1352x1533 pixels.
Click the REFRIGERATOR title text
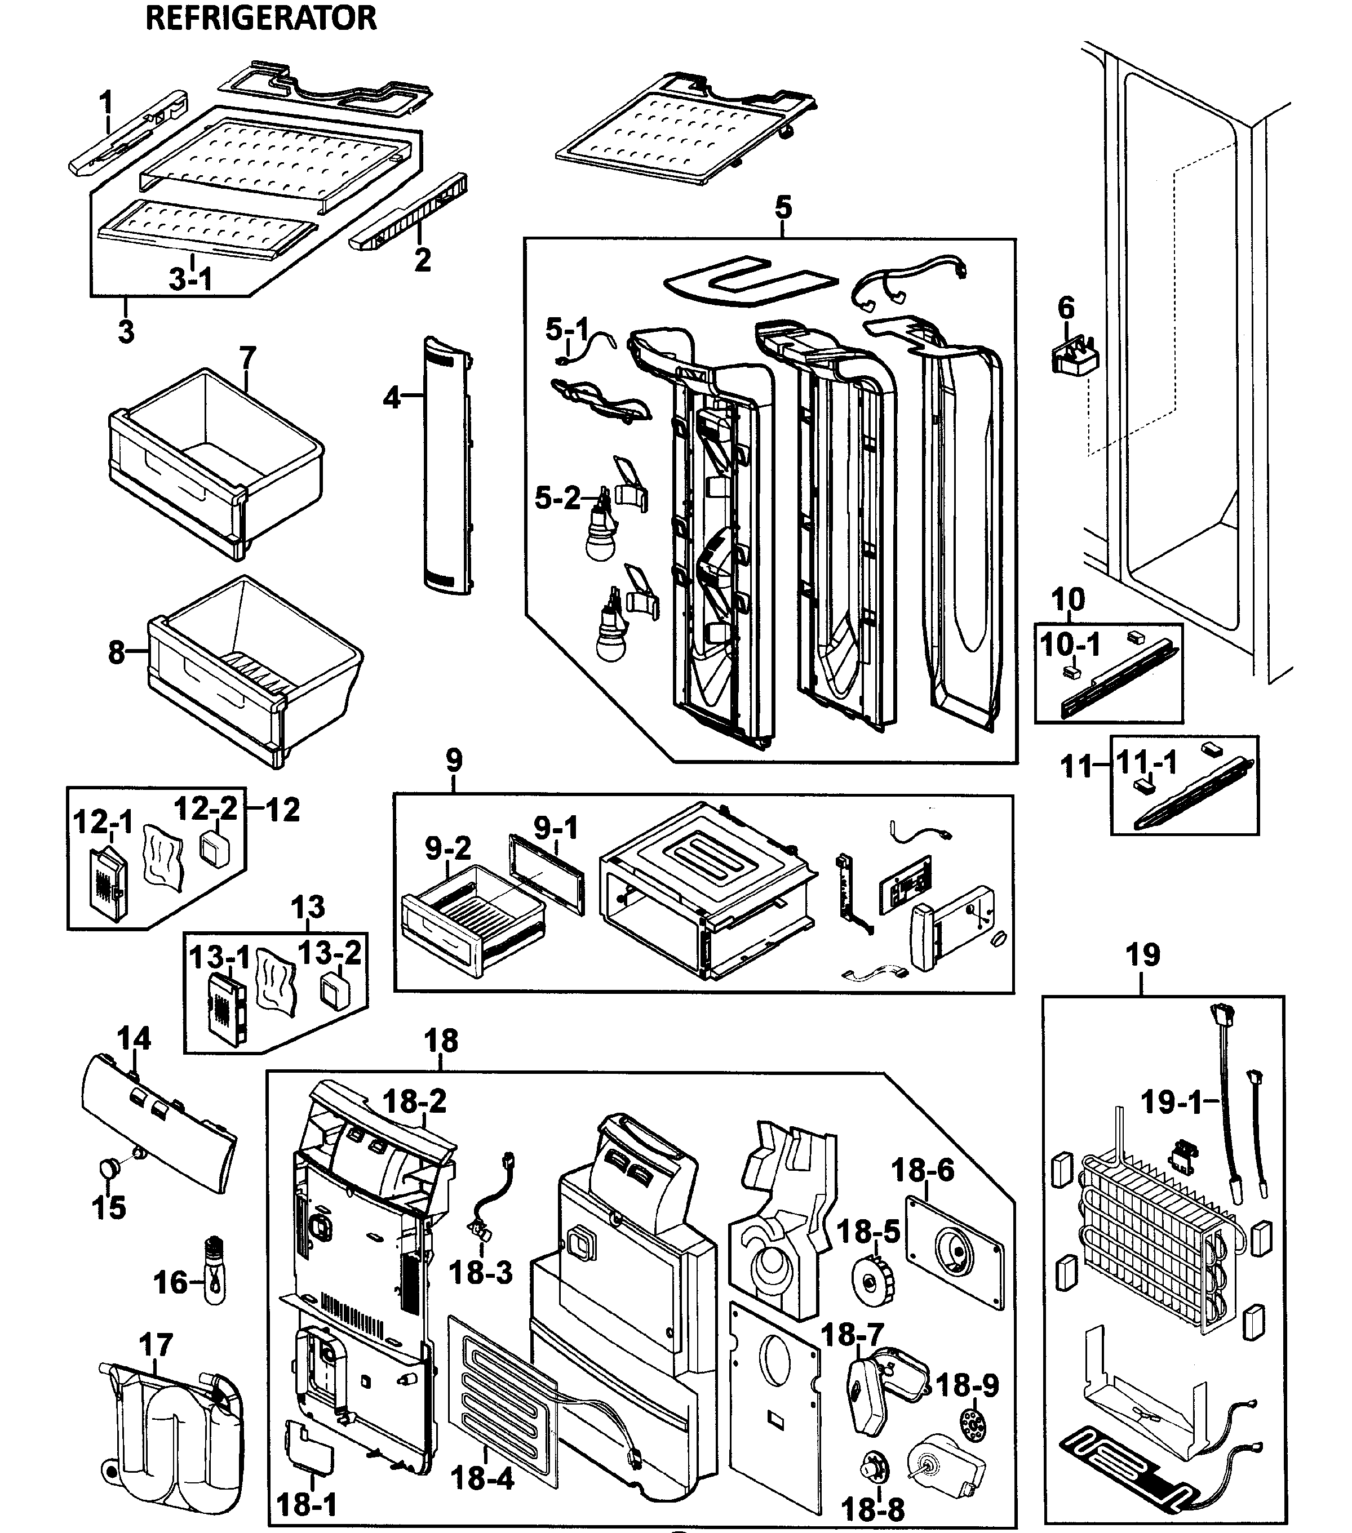(260, 18)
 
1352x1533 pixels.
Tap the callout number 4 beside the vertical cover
(392, 398)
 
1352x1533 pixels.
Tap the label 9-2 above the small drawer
(448, 848)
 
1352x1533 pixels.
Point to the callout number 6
(1066, 308)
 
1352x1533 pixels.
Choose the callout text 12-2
(206, 808)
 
